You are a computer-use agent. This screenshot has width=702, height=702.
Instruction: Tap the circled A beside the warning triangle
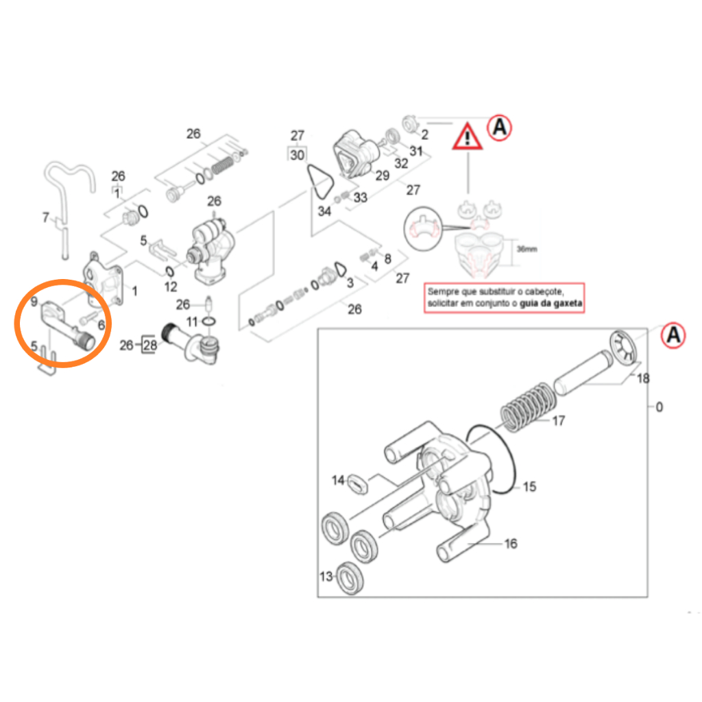[x=500, y=127]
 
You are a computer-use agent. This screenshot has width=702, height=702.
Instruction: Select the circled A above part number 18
[x=673, y=335]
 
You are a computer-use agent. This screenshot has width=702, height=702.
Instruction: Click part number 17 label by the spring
[x=558, y=420]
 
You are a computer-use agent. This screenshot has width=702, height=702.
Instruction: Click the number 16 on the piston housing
[x=511, y=544]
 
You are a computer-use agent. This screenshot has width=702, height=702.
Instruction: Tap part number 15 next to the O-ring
[x=529, y=487]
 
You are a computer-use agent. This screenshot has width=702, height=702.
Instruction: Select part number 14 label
[x=338, y=481]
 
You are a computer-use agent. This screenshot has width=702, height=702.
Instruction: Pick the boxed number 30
[x=297, y=155]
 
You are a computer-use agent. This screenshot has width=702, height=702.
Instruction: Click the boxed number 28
[x=149, y=345]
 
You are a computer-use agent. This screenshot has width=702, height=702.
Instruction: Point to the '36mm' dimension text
[x=527, y=249]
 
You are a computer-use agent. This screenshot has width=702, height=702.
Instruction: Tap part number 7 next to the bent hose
[x=45, y=219]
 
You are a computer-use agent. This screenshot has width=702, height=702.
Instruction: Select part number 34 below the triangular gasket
[x=324, y=211]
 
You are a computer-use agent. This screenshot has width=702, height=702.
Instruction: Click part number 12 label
[x=171, y=286]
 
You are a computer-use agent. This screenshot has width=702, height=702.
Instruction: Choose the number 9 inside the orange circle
[x=34, y=300]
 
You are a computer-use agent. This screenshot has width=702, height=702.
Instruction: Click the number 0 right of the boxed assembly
[x=659, y=407]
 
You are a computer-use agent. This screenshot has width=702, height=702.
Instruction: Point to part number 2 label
[x=424, y=134]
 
